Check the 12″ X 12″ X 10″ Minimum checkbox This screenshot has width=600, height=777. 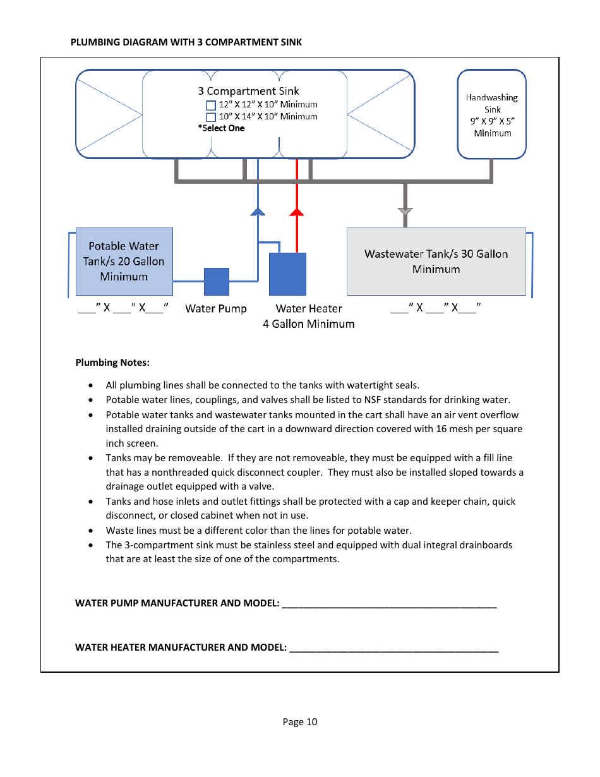pyautogui.click(x=212, y=105)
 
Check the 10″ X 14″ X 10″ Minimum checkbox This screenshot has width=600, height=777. pyautogui.click(x=212, y=117)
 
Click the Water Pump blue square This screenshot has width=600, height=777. pyautogui.click(x=217, y=282)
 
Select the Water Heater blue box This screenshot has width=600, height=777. pyautogui.click(x=287, y=274)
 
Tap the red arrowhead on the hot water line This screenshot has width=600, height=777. pyautogui.click(x=297, y=212)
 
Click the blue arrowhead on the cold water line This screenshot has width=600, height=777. pyautogui.click(x=258, y=212)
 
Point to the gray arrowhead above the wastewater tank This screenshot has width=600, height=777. pyautogui.click(x=405, y=212)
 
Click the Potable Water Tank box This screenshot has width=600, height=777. pyautogui.click(x=124, y=262)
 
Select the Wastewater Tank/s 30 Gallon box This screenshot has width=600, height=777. pyautogui.click(x=436, y=262)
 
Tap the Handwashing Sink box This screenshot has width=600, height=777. pyautogui.click(x=492, y=114)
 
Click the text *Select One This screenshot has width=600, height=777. pyautogui.click(x=221, y=128)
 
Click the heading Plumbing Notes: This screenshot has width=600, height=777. pyautogui.click(x=112, y=363)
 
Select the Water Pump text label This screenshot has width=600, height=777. pyautogui.click(x=215, y=309)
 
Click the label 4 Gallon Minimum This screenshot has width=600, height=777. pyautogui.click(x=308, y=324)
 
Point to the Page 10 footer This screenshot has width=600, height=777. pyautogui.click(x=300, y=722)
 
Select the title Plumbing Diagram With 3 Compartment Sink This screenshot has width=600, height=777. pyautogui.click(x=186, y=42)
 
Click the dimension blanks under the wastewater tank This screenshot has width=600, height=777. pyautogui.click(x=435, y=309)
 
